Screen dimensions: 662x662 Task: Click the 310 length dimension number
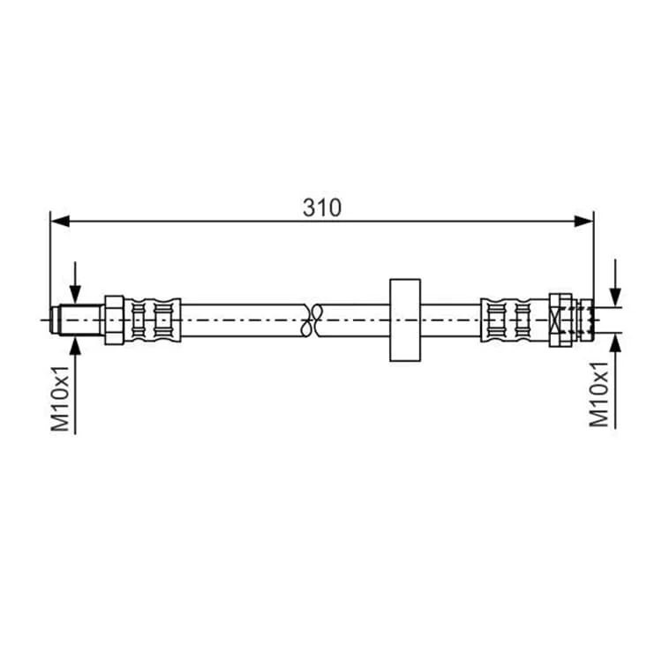pyautogui.click(x=321, y=207)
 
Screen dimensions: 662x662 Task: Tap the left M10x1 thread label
pyautogui.click(x=60, y=399)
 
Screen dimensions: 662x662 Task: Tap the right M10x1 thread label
pyautogui.click(x=598, y=394)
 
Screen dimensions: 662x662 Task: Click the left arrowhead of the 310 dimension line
pyautogui.click(x=60, y=221)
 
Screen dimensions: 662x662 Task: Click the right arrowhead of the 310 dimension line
pyautogui.click(x=584, y=221)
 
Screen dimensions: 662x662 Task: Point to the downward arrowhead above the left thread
pyautogui.click(x=75, y=294)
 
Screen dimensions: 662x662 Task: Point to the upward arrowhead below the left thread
pyautogui.click(x=75, y=346)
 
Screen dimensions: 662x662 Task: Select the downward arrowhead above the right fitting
pyautogui.click(x=615, y=297)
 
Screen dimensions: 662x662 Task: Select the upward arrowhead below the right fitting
pyautogui.click(x=615, y=342)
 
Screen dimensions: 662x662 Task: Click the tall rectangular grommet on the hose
pyautogui.click(x=405, y=320)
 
